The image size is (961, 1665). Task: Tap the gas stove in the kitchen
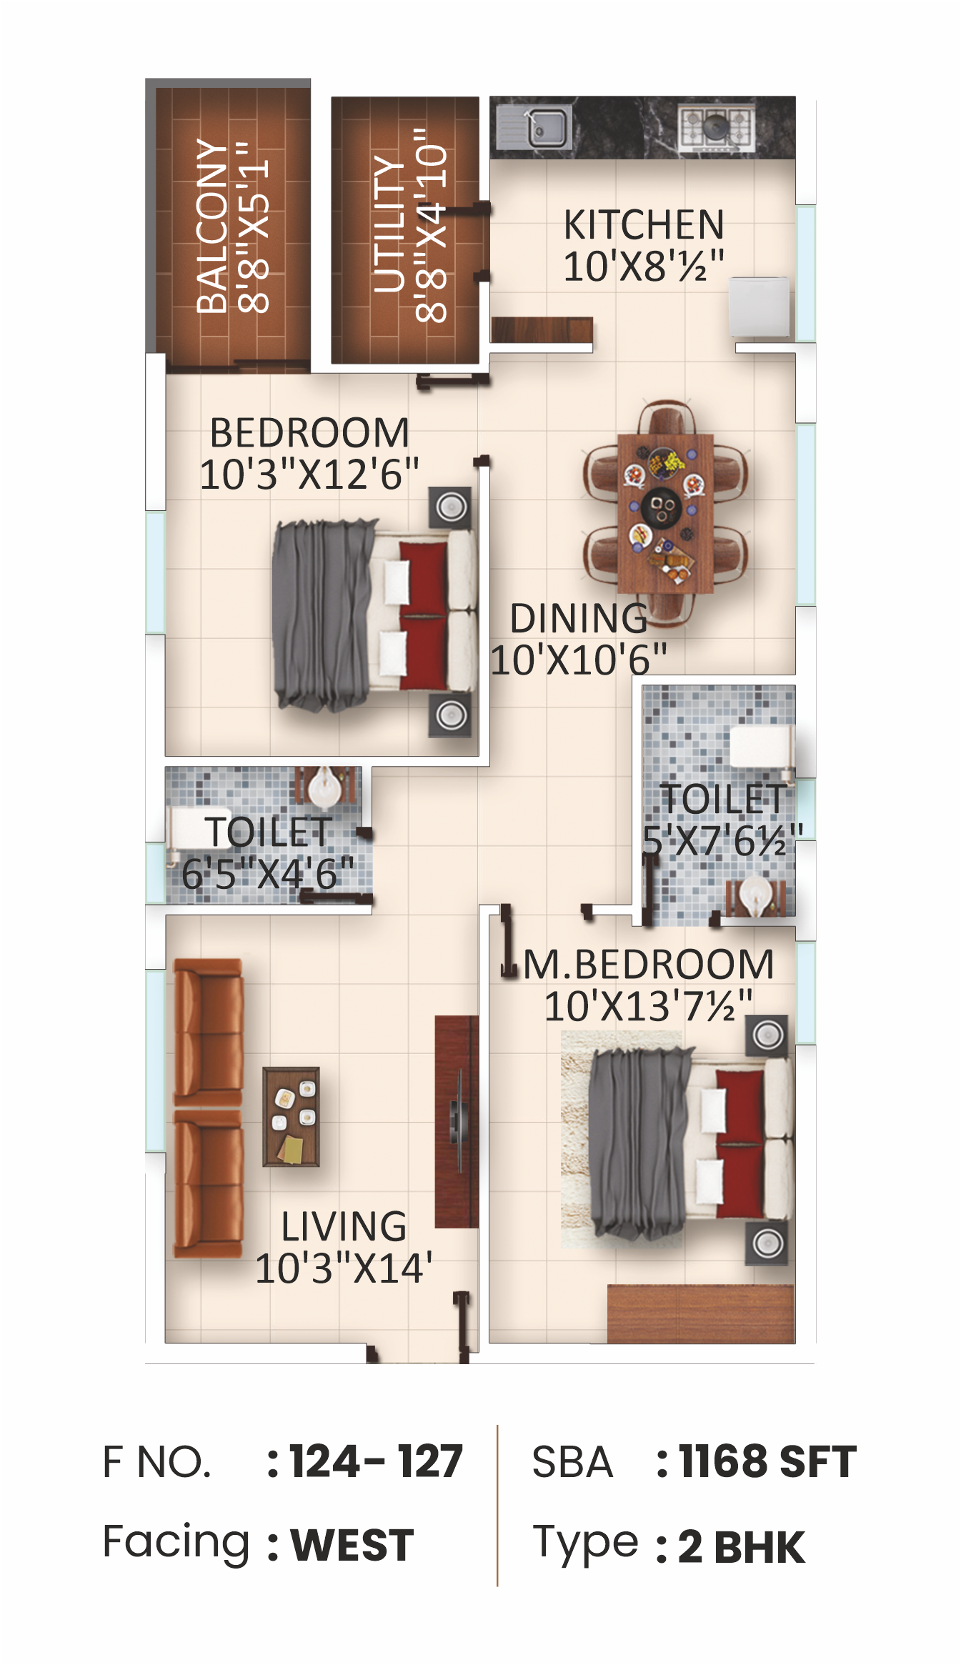click(x=716, y=128)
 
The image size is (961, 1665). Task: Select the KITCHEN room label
click(x=644, y=224)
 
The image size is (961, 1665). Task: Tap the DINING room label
click(x=579, y=618)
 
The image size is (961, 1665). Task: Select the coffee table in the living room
click(x=291, y=1116)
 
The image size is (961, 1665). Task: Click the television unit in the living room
click(x=457, y=1121)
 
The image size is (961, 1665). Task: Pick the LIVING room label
click(x=344, y=1226)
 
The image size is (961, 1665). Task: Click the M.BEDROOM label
click(x=649, y=964)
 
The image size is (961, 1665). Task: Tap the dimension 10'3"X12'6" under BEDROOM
click(x=309, y=474)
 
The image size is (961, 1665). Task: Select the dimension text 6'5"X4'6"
click(x=268, y=874)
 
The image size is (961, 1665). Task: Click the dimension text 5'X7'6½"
click(x=722, y=840)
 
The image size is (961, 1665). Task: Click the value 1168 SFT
click(x=767, y=1461)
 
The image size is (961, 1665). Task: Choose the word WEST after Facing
click(x=352, y=1545)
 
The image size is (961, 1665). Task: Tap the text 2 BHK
click(x=741, y=1547)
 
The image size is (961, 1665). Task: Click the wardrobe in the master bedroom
click(x=701, y=1313)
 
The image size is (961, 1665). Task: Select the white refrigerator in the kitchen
click(x=760, y=307)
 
